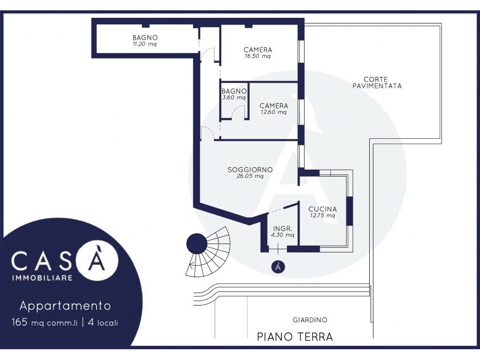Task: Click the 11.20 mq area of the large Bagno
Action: coord(144,44)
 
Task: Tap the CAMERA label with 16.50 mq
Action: coord(258,50)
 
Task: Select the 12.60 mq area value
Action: coord(274,112)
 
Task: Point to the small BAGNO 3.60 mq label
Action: coord(234,94)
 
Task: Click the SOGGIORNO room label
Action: coord(250,170)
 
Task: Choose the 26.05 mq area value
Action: coord(250,176)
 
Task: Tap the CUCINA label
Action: coord(322,209)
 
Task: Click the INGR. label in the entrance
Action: coord(283,229)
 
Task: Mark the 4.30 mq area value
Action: coord(283,235)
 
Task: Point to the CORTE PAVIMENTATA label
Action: coord(377,82)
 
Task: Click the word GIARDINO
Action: coord(310,320)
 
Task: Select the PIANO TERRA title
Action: coord(295,337)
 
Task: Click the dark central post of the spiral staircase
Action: coord(197,244)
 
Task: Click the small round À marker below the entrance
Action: coord(278,266)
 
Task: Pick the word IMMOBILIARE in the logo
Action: coord(42,278)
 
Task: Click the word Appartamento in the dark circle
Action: coord(65,306)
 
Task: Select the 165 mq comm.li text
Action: coord(45,322)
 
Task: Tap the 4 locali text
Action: coord(103,322)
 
